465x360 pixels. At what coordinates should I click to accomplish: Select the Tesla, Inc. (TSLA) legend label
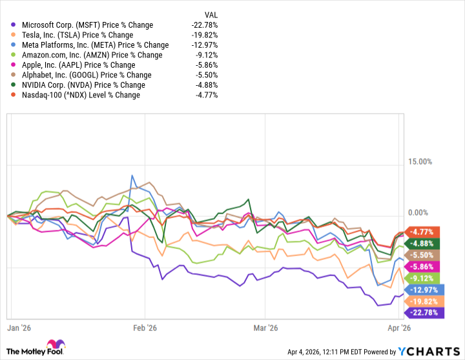click(77, 35)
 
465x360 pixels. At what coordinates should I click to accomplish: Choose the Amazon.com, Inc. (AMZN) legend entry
click(87, 55)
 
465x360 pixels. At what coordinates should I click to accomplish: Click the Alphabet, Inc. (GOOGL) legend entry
click(81, 75)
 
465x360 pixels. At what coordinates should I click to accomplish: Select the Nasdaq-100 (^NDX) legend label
click(83, 95)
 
